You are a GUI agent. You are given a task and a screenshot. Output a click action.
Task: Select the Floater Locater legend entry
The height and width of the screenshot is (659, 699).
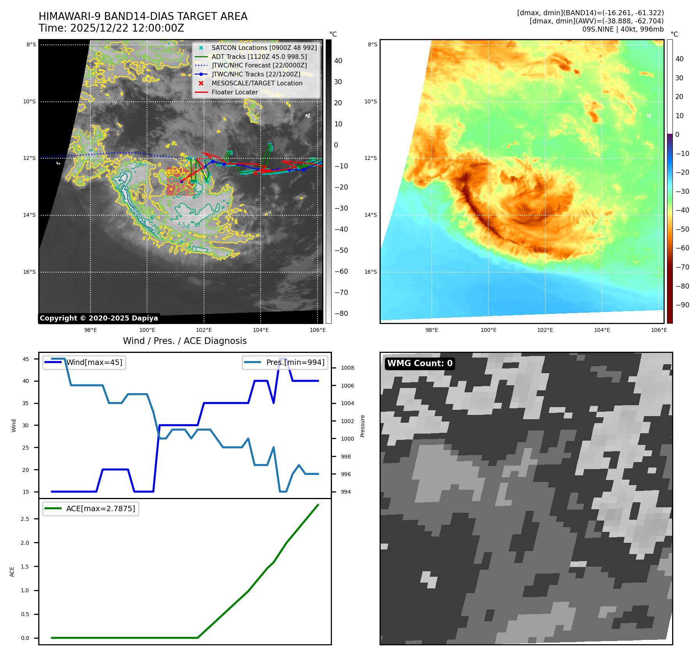tap(234, 92)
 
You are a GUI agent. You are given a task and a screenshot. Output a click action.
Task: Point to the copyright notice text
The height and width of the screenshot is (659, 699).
tap(99, 318)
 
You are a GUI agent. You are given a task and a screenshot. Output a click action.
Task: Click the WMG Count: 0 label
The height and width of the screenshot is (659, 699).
tap(420, 363)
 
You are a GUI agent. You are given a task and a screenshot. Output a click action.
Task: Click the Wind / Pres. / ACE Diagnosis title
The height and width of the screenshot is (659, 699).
tap(185, 341)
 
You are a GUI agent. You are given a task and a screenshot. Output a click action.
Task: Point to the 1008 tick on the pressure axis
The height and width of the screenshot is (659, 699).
tap(347, 368)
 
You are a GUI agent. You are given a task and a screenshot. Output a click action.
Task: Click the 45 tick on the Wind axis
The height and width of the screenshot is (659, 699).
tap(26, 359)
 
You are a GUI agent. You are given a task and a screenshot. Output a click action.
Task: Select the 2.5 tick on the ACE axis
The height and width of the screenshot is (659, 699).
tap(25, 519)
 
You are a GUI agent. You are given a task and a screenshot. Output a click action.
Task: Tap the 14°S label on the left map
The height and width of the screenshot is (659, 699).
tap(29, 215)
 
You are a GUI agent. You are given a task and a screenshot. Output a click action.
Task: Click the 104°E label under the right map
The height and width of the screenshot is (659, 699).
tap(602, 330)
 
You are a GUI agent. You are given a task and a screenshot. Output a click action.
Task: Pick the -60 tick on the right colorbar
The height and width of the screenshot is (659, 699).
tap(682, 248)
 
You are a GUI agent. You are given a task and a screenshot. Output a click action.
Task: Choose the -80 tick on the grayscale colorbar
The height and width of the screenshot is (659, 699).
tap(341, 314)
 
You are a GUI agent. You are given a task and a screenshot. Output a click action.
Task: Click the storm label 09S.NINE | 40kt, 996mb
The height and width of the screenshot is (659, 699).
tap(623, 29)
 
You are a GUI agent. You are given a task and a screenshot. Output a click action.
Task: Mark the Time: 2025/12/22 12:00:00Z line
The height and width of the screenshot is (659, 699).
tap(111, 28)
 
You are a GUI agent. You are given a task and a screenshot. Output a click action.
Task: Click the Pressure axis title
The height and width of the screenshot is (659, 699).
tap(363, 426)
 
